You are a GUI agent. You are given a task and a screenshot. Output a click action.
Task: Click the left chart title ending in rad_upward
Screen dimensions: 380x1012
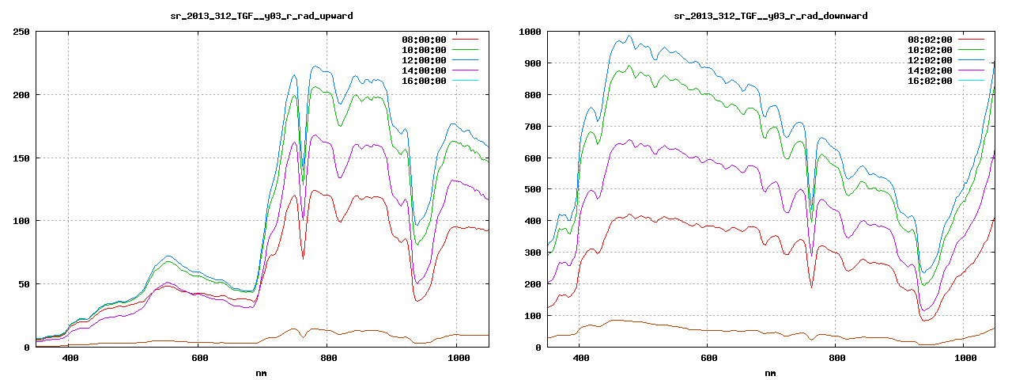(261, 16)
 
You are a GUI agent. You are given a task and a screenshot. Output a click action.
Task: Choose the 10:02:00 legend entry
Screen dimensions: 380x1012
(929, 50)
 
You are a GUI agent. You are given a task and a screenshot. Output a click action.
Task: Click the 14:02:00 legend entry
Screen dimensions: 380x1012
(929, 70)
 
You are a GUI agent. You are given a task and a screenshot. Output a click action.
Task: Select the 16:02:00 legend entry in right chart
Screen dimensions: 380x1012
(929, 81)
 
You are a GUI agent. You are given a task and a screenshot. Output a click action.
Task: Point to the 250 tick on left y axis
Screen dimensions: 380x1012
(21, 32)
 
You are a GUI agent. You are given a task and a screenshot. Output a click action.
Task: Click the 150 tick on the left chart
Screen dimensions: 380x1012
(21, 158)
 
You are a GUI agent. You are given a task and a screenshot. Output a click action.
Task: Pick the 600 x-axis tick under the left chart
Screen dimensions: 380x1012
(199, 359)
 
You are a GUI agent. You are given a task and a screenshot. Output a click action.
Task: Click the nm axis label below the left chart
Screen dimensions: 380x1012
(261, 373)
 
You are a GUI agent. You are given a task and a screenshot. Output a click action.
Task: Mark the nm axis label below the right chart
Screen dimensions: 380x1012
(769, 373)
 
